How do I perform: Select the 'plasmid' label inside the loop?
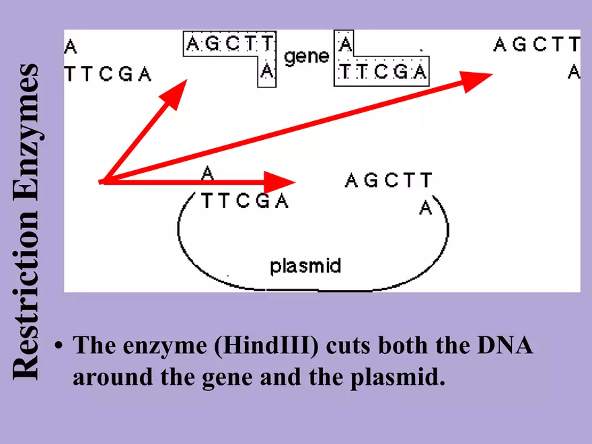click(305, 266)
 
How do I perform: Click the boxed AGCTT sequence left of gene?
click(229, 46)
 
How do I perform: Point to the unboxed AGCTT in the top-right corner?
click(536, 45)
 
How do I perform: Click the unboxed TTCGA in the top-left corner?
click(108, 74)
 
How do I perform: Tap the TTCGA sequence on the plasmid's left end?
click(244, 201)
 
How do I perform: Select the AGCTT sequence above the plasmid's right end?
click(388, 180)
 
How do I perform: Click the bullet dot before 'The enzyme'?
click(59, 348)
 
